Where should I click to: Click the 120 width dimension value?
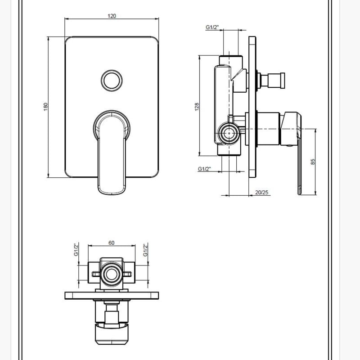pyautogui.click(x=112, y=16)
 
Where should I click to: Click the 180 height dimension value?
pyautogui.click(x=46, y=107)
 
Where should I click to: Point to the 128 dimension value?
pyautogui.click(x=197, y=107)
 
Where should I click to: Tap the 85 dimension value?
pyautogui.click(x=313, y=162)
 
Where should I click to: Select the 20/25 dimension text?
pyautogui.click(x=262, y=193)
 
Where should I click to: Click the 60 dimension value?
pyautogui.click(x=111, y=243)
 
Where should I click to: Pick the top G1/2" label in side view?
pyautogui.click(x=212, y=27)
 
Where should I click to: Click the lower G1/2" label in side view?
pyautogui.click(x=204, y=169)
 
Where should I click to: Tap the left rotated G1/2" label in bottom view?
pyautogui.click(x=76, y=250)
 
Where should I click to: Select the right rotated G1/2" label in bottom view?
pyautogui.click(x=145, y=250)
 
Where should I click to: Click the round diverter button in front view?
pyautogui.click(x=112, y=81)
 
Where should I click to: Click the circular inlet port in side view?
pyautogui.click(x=229, y=133)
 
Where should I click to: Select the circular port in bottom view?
pyautogui.click(x=112, y=274)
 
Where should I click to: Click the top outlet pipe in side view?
pyautogui.click(x=230, y=61)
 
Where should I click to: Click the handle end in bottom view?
pyautogui.click(x=112, y=334)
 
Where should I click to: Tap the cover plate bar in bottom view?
pyautogui.click(x=112, y=296)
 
